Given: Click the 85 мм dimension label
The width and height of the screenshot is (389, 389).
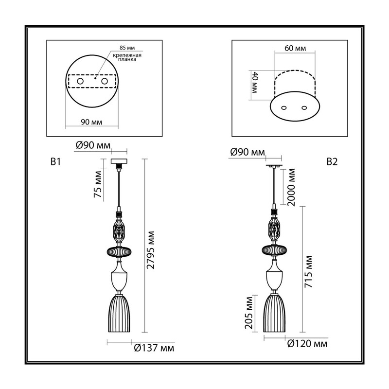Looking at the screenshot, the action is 127,48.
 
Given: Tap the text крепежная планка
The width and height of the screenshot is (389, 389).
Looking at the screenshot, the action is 127,57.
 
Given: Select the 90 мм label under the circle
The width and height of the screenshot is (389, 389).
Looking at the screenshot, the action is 91,122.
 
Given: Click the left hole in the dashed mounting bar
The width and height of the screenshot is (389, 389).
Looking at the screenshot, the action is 80,81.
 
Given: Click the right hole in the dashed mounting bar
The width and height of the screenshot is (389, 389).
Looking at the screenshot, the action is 105,81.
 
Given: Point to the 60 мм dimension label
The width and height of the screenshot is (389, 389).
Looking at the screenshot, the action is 295,48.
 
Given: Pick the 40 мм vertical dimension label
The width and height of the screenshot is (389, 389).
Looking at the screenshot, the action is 255,82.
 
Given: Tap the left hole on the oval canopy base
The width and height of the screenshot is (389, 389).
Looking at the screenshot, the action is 284,107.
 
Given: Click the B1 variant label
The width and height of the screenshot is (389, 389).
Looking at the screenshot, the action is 55,162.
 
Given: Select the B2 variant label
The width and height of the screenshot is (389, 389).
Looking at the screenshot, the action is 332,162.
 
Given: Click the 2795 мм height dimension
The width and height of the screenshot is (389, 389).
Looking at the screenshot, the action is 151,250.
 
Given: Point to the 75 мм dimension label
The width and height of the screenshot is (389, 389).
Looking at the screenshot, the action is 98,184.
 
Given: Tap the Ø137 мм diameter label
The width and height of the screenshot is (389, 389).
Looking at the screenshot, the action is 154,348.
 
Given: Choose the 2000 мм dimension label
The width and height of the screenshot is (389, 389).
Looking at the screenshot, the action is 292,188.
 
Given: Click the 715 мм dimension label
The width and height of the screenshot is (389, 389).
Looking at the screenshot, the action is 308,271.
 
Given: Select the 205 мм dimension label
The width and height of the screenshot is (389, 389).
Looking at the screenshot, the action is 248,313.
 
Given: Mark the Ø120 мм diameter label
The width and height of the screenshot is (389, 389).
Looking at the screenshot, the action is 307,344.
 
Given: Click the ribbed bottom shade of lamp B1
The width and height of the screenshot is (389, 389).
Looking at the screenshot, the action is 119,313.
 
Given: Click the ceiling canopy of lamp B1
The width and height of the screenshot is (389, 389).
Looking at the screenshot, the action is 119,161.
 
